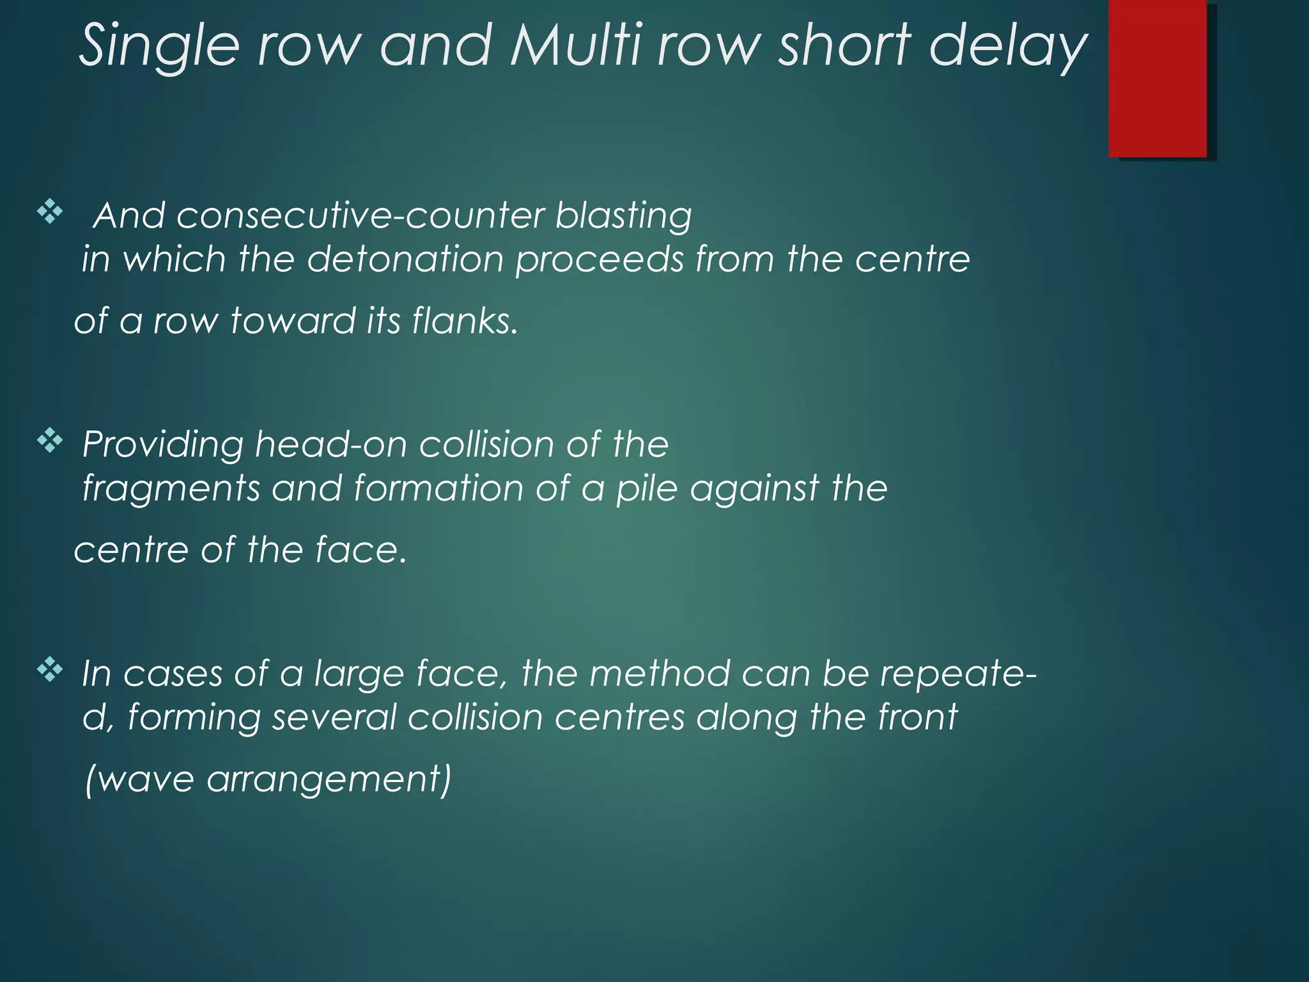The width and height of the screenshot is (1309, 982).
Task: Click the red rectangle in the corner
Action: coord(1158,78)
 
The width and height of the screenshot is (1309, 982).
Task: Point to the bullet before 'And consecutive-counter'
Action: coord(50,212)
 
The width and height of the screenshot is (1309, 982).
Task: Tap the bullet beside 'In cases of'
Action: coord(50,671)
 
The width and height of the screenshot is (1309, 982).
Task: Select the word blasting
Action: coord(623,215)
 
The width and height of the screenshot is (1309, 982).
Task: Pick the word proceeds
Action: coord(600,260)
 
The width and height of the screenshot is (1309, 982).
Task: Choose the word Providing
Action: coord(163,444)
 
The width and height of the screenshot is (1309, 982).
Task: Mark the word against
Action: coord(754,488)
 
